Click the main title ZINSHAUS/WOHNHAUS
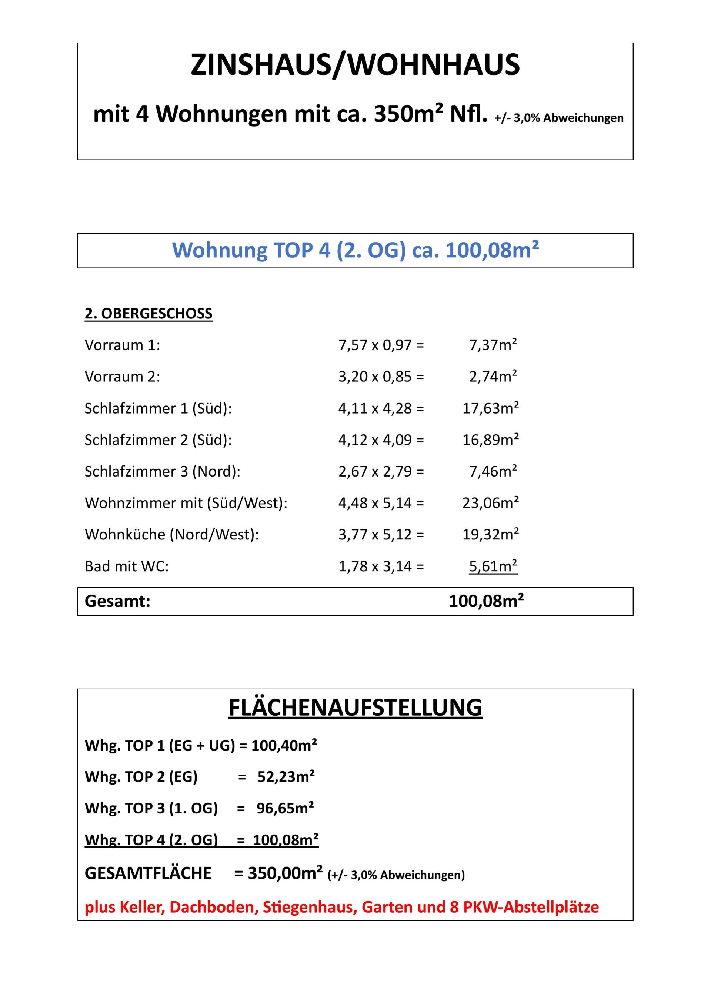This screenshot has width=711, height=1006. pyautogui.click(x=355, y=65)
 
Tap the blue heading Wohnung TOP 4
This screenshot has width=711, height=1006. pyautogui.click(x=355, y=251)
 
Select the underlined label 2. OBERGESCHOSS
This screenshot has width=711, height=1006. pyautogui.click(x=148, y=314)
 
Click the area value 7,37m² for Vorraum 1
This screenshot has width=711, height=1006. pyautogui.click(x=493, y=345)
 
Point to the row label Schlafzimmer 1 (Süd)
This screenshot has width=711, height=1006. pyautogui.click(x=158, y=408)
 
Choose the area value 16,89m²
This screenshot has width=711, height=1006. pyautogui.click(x=491, y=440)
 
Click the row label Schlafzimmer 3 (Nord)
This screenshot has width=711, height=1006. pyautogui.click(x=163, y=471)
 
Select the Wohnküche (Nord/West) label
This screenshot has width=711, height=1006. pyautogui.click(x=172, y=535)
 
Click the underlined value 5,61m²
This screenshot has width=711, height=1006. pyautogui.click(x=493, y=566)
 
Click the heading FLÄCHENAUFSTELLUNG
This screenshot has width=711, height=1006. pyautogui.click(x=355, y=708)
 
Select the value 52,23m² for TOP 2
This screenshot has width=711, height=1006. pyautogui.click(x=286, y=777)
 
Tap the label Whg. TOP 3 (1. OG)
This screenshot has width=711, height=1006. pyautogui.click(x=151, y=808)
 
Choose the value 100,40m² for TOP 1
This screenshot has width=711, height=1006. pyautogui.click(x=284, y=745)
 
